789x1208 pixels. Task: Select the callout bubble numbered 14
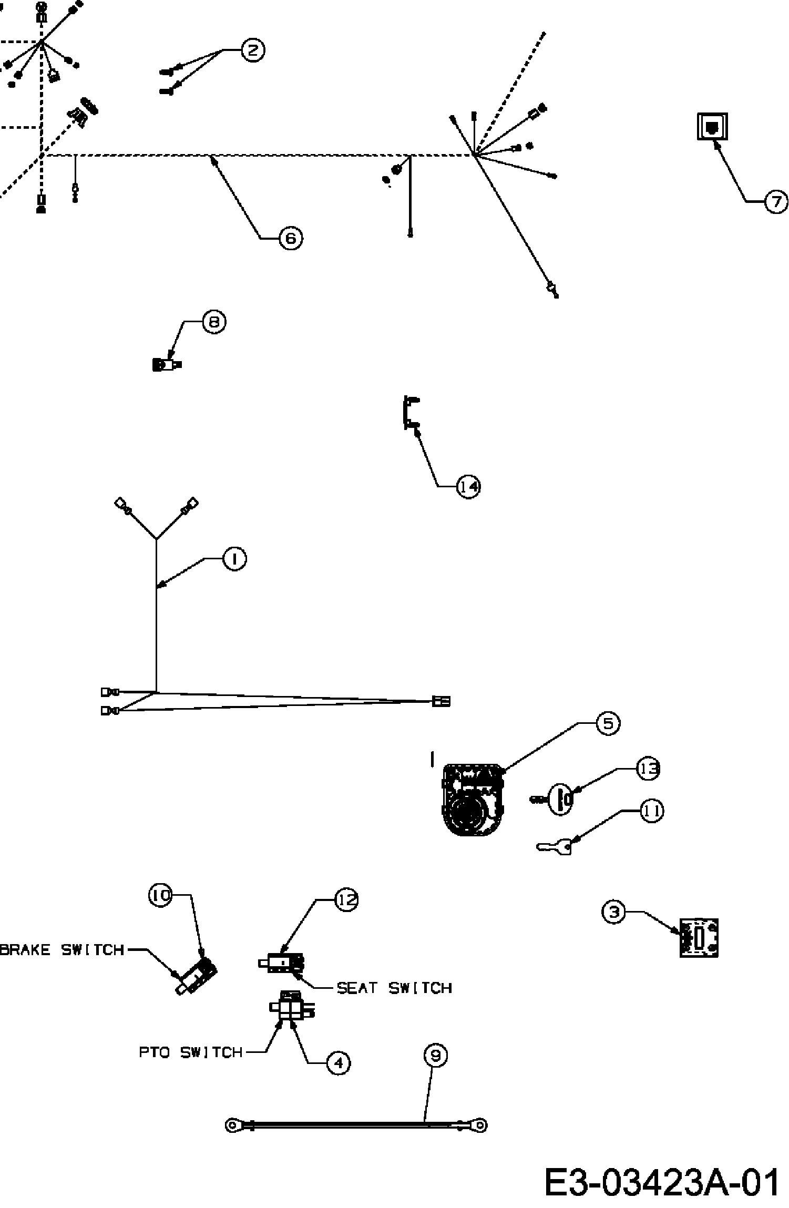click(468, 487)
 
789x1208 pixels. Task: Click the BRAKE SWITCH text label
click(62, 950)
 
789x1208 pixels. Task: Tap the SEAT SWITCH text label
click(394, 988)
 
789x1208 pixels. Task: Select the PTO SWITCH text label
click(191, 1052)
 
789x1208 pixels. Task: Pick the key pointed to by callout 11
click(555, 846)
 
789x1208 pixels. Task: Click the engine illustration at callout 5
click(474, 800)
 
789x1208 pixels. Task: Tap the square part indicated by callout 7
click(712, 126)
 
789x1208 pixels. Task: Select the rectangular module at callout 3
click(699, 938)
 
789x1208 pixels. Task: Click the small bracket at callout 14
click(409, 413)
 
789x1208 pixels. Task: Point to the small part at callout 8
click(167, 364)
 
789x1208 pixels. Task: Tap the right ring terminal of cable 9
click(479, 1125)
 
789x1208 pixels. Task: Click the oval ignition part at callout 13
click(560, 800)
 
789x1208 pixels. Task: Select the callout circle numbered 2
click(253, 50)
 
